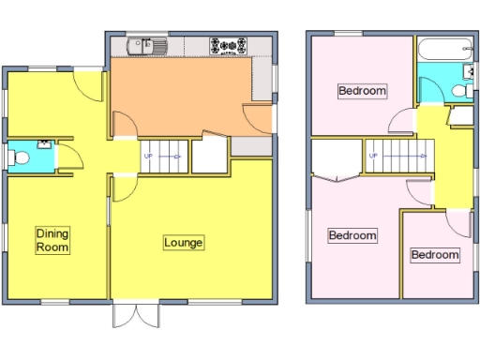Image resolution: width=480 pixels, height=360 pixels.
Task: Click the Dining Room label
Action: tap(54, 240)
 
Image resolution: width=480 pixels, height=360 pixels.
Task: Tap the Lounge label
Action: tap(184, 243)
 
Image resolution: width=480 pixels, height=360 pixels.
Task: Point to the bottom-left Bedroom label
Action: tap(352, 235)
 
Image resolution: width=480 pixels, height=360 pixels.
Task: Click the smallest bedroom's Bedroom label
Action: tap(435, 255)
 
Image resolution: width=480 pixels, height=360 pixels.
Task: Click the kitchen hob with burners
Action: tap(229, 44)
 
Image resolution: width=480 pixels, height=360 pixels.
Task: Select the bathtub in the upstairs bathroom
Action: tap(444, 50)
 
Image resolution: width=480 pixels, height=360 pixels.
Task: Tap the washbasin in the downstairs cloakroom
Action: tap(44, 144)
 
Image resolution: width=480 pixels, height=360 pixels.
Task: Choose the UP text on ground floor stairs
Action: tap(148, 157)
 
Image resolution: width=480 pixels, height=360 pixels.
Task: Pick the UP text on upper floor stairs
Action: tap(372, 156)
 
